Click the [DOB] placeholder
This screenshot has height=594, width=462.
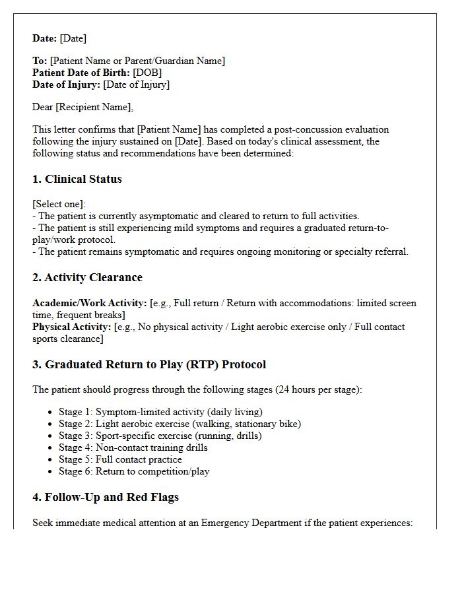pos(147,73)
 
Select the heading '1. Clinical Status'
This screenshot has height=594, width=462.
pos(77,179)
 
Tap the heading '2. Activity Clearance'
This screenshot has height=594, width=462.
pos(87,277)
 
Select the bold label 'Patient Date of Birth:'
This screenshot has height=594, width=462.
pos(81,73)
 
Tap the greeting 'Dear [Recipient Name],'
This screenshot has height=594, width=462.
pos(82,107)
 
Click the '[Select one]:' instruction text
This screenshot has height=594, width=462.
pos(59,204)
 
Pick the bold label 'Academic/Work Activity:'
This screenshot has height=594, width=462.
pos(90,303)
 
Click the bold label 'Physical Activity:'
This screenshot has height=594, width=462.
pos(72,327)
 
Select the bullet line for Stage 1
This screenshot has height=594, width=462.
pos(160,412)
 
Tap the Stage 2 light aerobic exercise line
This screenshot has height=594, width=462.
pos(180,424)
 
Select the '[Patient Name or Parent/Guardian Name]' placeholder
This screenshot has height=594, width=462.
pos(137,61)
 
